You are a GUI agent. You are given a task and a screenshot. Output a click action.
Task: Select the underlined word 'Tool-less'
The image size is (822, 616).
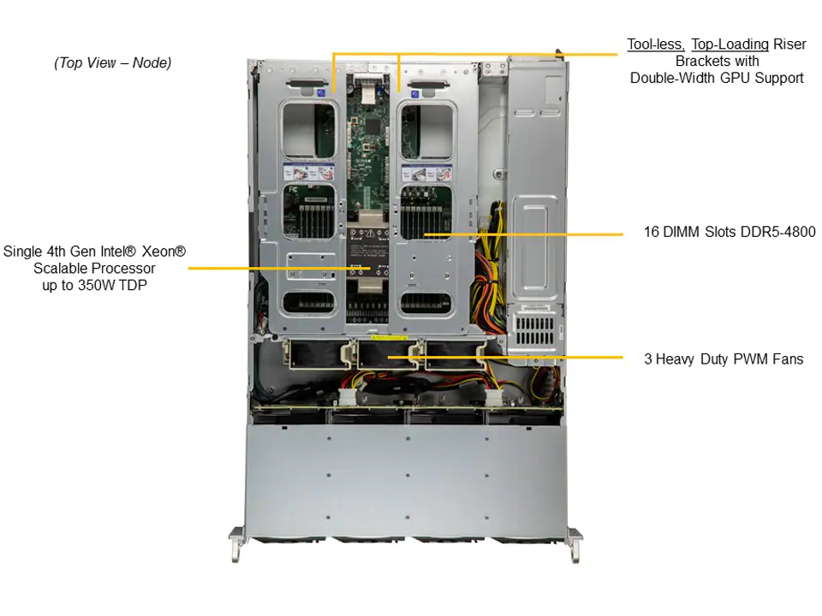click(655, 44)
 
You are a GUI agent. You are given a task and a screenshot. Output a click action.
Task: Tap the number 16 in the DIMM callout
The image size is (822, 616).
click(652, 232)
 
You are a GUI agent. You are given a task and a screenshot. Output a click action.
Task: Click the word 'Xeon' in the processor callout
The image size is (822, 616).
click(163, 251)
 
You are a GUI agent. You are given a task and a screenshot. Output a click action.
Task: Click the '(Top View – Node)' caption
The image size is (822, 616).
click(112, 62)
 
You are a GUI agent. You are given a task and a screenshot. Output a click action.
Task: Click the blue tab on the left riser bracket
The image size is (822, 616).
click(320, 88)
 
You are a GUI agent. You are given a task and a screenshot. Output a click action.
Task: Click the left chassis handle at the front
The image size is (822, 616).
click(235, 544)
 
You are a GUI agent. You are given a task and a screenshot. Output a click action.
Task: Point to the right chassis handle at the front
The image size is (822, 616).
click(575, 544)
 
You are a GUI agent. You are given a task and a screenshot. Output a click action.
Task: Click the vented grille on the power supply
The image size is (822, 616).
click(535, 329)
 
